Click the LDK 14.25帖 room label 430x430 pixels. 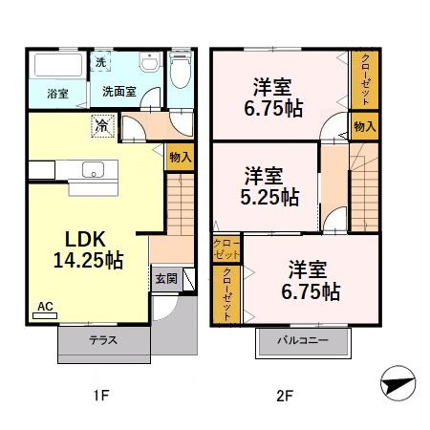tap(88, 249)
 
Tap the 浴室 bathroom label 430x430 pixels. tap(57, 94)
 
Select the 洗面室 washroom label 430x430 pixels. tap(119, 92)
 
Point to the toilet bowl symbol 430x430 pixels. tap(181, 71)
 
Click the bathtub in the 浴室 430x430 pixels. tap(58, 65)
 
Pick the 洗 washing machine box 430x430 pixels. tap(100, 62)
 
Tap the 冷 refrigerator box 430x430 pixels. tap(102, 126)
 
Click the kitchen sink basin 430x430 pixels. tap(93, 169)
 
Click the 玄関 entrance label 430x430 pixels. tap(166, 279)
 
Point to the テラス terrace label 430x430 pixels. tap(103, 340)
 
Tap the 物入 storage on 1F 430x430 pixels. tap(181, 157)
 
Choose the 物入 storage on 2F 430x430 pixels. tap(365, 126)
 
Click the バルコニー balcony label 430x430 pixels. tap(303, 340)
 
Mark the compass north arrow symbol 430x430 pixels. tap(398, 383)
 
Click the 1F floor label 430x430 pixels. tap(101, 396)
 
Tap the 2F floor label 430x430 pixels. tap(285, 397)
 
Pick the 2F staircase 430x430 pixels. tap(364, 187)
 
